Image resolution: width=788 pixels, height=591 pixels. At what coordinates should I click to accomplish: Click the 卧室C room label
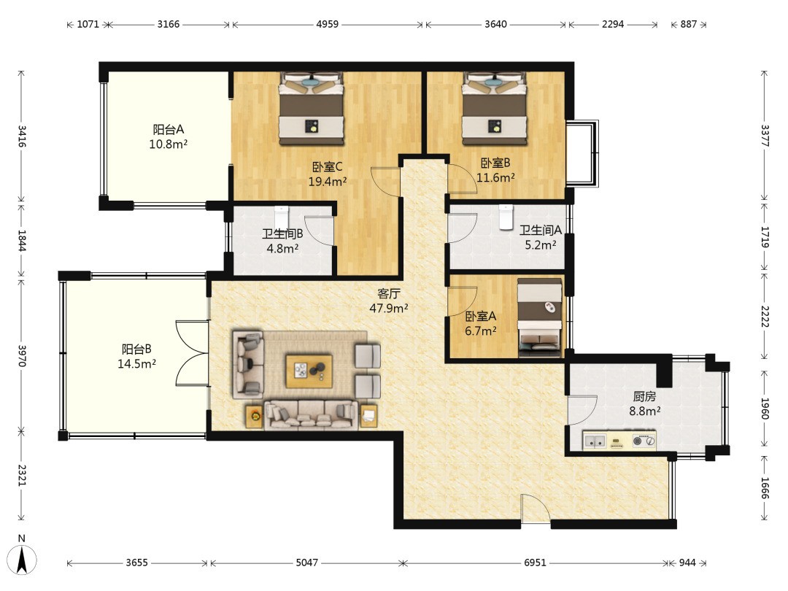point(327,166)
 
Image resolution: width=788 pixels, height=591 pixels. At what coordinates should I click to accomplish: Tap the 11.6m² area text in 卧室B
point(495,177)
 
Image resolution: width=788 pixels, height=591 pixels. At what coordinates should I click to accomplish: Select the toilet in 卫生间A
point(506,217)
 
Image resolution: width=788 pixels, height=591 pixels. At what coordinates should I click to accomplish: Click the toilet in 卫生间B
point(282,217)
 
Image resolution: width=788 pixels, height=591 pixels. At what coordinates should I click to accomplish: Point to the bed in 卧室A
point(540,317)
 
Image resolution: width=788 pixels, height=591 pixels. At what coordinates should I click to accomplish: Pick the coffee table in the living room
point(309,371)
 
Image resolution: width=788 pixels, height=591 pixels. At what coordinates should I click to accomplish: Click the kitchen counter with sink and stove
point(619,441)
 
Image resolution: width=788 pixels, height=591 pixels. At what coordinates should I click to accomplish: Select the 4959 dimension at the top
point(327,24)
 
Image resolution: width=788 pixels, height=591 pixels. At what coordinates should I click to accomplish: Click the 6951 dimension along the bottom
point(535,563)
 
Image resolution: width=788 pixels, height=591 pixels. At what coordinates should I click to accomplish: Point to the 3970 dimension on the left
point(22,355)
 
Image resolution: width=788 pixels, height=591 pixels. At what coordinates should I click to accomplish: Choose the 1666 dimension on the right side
point(765,488)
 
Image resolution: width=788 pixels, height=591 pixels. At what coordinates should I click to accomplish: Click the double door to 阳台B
point(193,353)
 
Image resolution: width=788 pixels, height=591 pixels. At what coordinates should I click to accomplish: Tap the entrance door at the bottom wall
point(536,509)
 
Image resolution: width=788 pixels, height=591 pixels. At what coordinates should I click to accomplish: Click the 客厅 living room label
point(388,293)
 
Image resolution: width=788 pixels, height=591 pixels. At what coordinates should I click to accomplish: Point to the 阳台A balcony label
point(169,130)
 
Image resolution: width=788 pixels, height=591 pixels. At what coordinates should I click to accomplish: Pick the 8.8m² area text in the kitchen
point(645,411)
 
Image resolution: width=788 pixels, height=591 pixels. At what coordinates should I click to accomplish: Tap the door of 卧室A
point(462,302)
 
